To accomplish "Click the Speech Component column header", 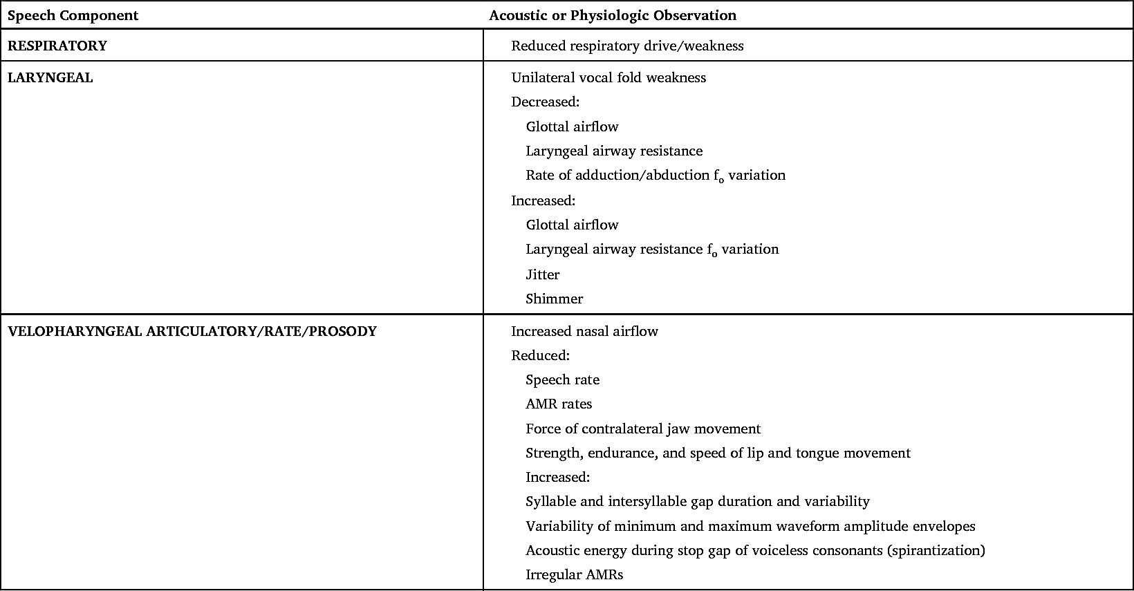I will pos(73,15).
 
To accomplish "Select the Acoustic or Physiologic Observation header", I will pos(612,15).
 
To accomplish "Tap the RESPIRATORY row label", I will pos(57,46).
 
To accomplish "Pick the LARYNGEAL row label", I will pos(50,77).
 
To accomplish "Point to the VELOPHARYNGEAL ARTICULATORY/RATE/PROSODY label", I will pos(192,331).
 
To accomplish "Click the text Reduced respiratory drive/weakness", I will pos(627,46).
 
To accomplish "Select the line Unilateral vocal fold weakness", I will pos(608,77).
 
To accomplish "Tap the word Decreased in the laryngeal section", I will pos(544,102).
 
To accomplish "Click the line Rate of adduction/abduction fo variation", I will pos(655,175).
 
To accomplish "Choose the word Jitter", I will pos(542,274).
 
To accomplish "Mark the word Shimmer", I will pos(554,299).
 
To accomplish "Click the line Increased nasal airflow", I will pos(584,331).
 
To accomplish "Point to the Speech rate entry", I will pos(562,379).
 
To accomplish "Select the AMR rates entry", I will pos(559,404).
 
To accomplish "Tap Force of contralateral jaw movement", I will pos(642,429).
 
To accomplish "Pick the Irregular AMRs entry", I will pos(574,574).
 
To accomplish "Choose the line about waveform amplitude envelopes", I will pos(750,526).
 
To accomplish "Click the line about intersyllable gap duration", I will pos(697,501).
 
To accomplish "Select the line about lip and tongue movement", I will pos(718,453).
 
